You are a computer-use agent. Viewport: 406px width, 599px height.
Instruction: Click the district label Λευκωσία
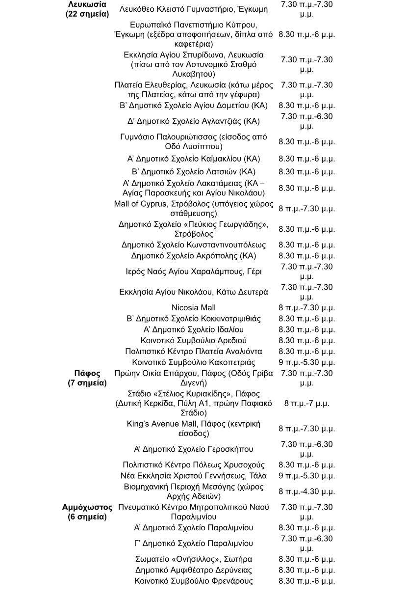87,4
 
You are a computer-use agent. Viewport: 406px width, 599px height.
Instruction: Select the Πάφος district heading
87,374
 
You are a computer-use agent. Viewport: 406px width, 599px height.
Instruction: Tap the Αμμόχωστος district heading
87,507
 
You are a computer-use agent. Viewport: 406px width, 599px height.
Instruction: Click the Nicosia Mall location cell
193,308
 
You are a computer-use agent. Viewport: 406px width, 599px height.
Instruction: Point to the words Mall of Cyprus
140,204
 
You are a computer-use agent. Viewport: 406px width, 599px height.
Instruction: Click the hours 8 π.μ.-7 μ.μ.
306,404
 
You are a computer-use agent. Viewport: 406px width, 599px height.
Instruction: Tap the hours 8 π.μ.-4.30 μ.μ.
306,491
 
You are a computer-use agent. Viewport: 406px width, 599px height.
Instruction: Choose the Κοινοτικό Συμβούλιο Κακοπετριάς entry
193,362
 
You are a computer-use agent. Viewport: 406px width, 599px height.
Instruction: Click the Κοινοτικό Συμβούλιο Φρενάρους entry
193,581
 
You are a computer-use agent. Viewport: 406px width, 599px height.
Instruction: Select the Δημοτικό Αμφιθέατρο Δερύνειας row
193,570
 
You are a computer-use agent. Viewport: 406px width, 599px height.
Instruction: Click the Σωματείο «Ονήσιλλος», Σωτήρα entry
193,559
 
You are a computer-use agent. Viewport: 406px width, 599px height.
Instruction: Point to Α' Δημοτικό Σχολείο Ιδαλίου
193,329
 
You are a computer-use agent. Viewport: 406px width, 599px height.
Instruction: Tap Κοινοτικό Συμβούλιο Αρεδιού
193,340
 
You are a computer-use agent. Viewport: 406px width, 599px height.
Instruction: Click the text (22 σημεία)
87,14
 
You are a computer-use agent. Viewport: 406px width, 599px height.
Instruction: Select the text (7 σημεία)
87,383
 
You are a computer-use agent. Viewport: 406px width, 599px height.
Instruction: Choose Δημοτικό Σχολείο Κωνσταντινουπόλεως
193,245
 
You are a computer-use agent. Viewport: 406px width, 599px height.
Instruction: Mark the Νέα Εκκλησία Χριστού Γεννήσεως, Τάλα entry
193,476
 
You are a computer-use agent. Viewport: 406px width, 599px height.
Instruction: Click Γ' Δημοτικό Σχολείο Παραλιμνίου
193,544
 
